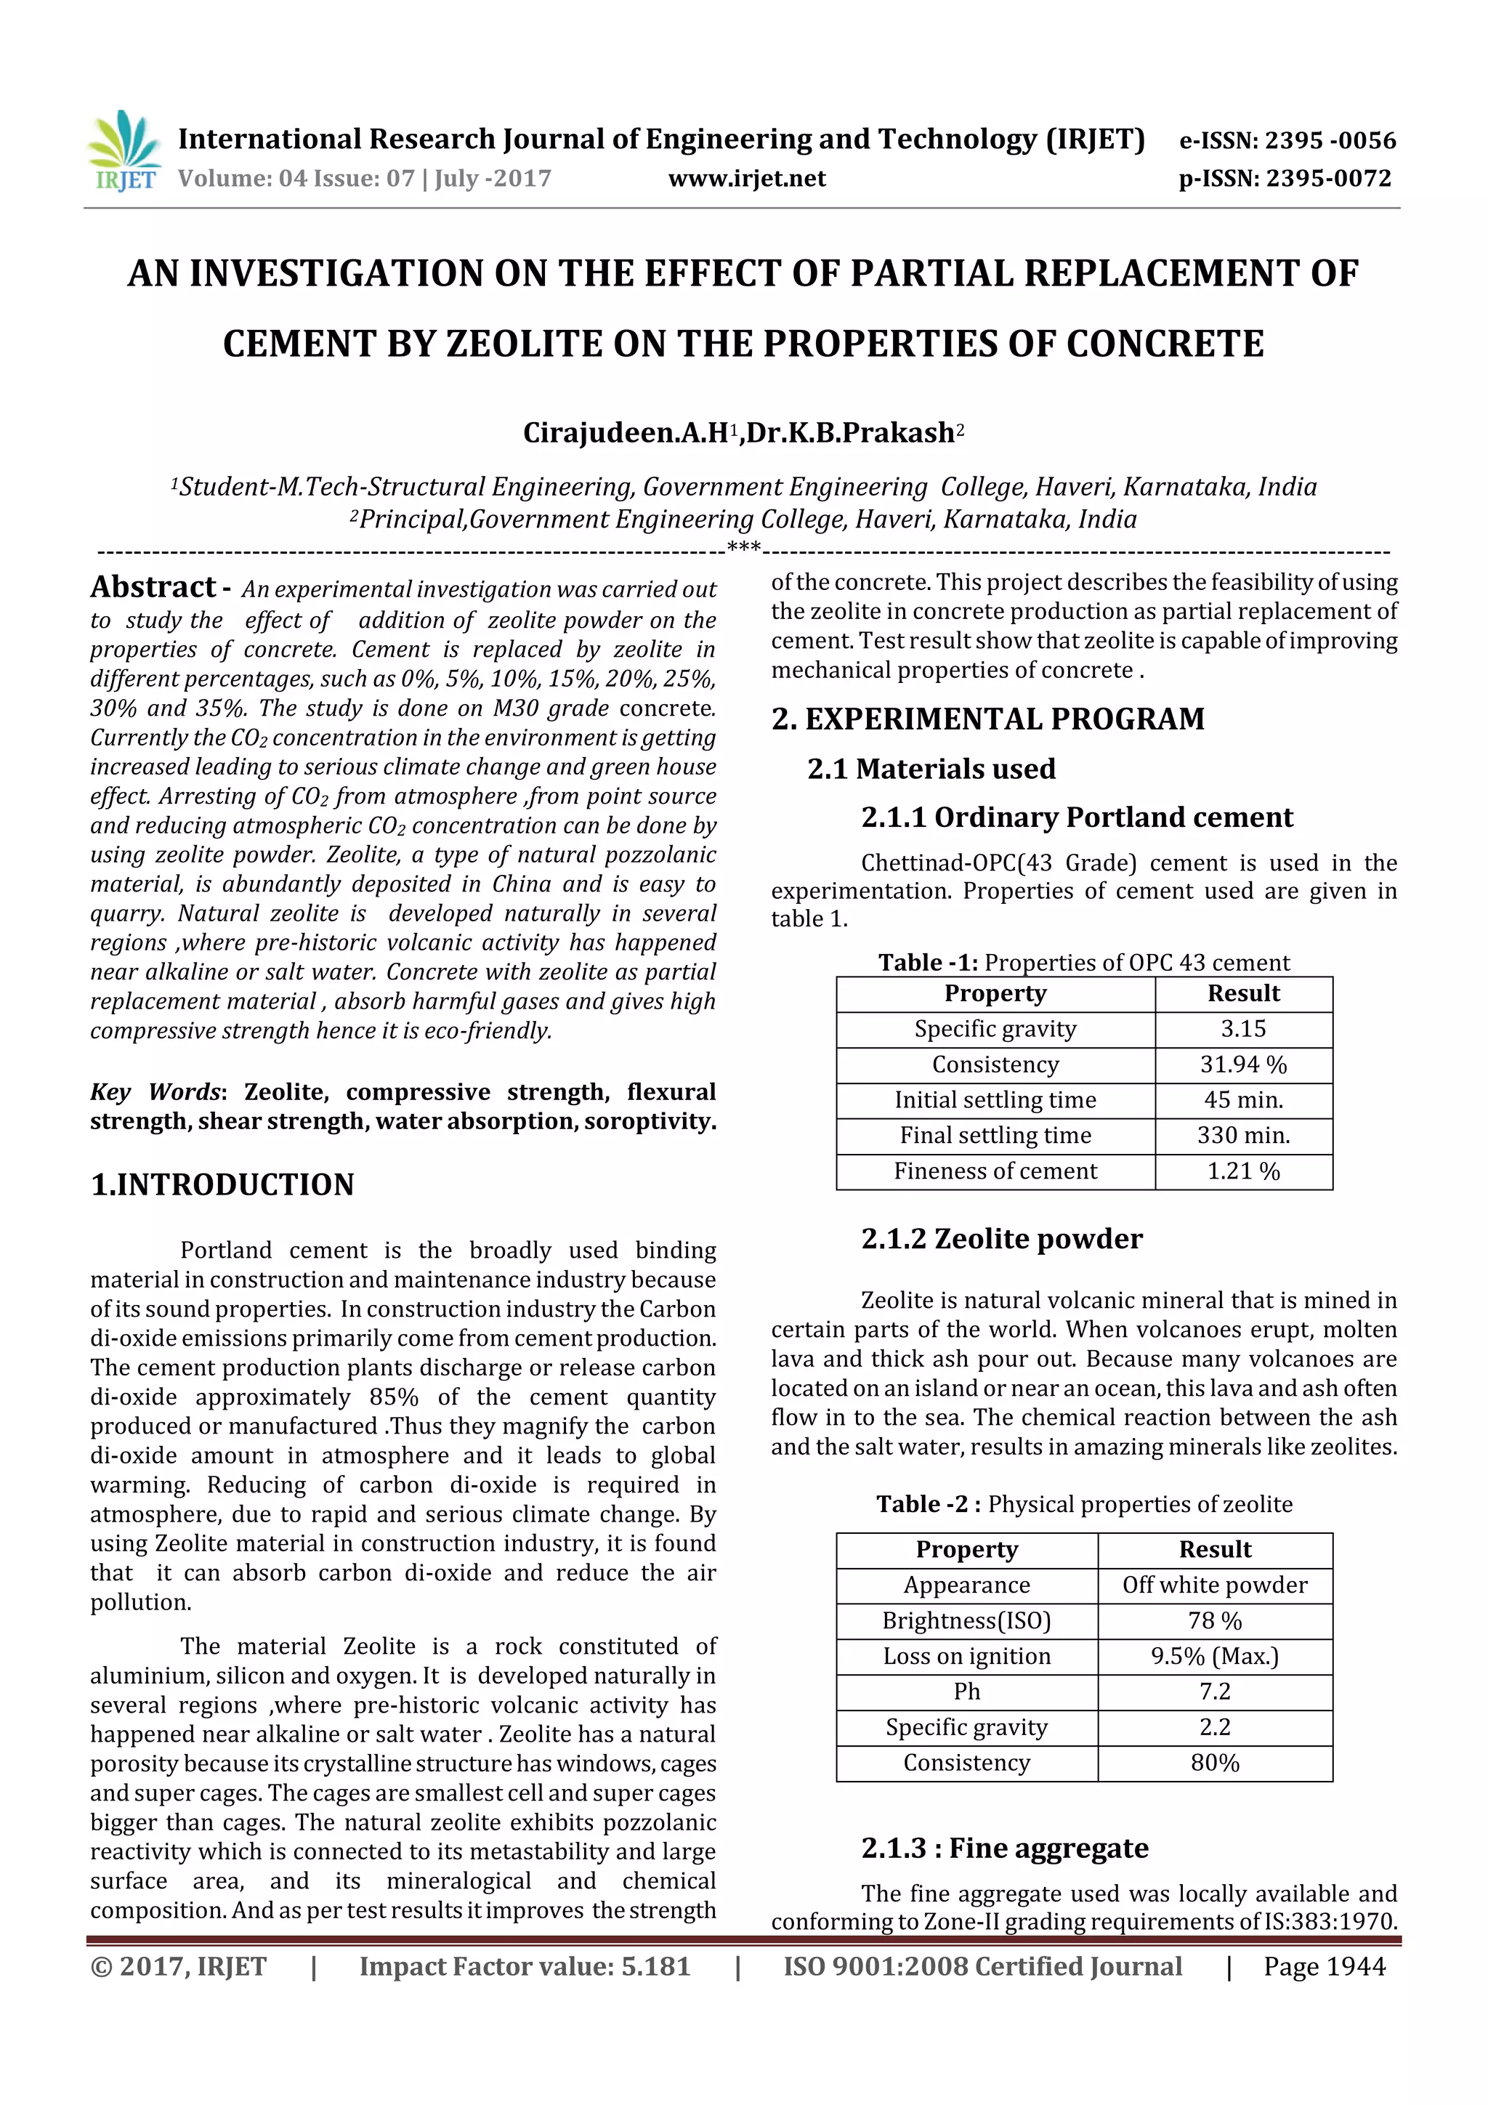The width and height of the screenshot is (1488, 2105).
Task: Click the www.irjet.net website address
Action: (746, 179)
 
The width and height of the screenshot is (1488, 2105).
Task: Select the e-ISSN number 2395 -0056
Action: (1330, 140)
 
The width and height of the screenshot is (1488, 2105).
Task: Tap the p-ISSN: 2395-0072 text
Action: (1285, 179)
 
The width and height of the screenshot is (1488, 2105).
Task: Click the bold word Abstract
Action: (152, 587)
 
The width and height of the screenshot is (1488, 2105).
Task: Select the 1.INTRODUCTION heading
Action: (222, 1184)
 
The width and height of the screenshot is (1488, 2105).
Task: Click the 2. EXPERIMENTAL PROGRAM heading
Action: (987, 719)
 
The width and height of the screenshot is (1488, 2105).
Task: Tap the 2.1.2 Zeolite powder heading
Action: (1001, 1239)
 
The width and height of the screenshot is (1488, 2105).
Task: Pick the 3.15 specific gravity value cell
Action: (1242, 1029)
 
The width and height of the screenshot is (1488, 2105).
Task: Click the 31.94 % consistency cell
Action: (1242, 1064)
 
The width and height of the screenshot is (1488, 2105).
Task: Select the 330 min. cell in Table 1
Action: (1242, 1135)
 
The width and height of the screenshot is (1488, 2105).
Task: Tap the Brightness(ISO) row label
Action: (966, 1620)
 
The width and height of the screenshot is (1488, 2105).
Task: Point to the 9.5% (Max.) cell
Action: (1214, 1656)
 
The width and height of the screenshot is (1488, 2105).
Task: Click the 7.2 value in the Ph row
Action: (1214, 1692)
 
